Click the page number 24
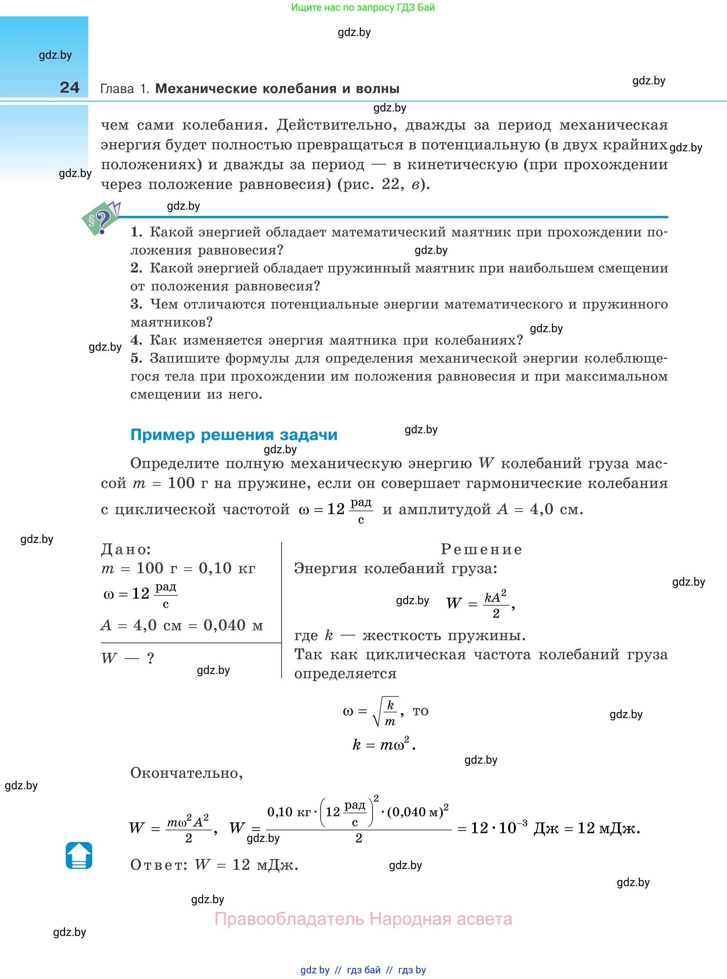(x=69, y=87)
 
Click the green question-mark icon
(x=101, y=219)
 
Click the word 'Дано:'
(x=126, y=549)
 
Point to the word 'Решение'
(x=481, y=549)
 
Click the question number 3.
(x=136, y=304)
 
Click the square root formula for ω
(x=372, y=711)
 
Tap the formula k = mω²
(x=383, y=744)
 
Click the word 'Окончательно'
(x=186, y=773)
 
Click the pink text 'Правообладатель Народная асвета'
(x=363, y=919)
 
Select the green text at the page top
(x=363, y=7)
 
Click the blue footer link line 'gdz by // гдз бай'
(x=363, y=970)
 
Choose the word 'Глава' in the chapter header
(x=117, y=89)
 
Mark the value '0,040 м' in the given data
(x=233, y=625)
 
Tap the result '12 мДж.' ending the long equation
(x=609, y=828)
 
